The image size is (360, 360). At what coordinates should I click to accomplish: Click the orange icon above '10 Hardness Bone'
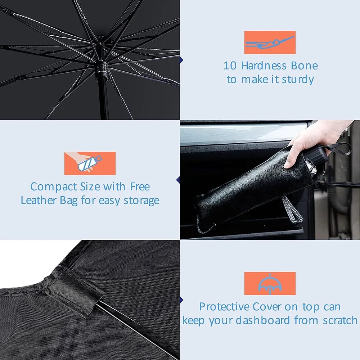pyautogui.click(x=270, y=42)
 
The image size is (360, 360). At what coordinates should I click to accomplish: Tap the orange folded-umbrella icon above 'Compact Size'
pyautogui.click(x=90, y=163)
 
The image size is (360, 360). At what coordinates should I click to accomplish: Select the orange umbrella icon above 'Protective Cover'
pyautogui.click(x=270, y=283)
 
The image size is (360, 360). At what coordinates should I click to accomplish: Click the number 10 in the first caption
pyautogui.click(x=230, y=66)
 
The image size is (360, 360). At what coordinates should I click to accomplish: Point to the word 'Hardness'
pyautogui.click(x=264, y=66)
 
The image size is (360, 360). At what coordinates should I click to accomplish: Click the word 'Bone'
pyautogui.click(x=305, y=66)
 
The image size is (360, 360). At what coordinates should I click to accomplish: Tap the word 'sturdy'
pyautogui.click(x=298, y=80)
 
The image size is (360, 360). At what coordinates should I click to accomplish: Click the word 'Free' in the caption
pyautogui.click(x=140, y=186)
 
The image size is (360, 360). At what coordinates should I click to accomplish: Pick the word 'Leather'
pyautogui.click(x=39, y=200)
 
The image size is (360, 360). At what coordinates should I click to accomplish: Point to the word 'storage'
pyautogui.click(x=141, y=201)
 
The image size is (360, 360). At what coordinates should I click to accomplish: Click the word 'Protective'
pyautogui.click(x=224, y=307)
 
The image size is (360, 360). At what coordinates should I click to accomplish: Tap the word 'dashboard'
pyautogui.click(x=263, y=320)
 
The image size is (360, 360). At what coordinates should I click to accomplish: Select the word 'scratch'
pyautogui.click(x=340, y=320)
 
